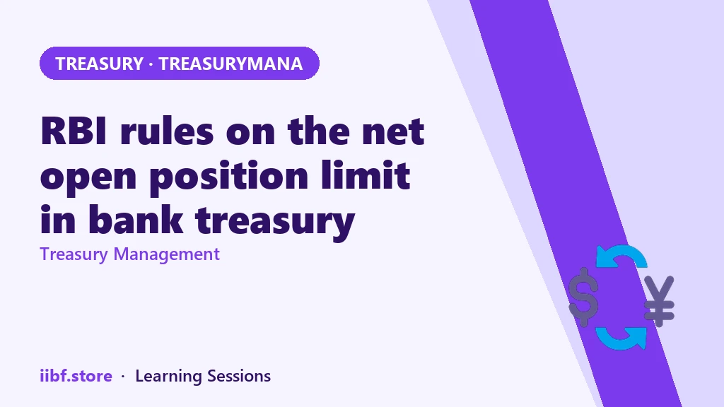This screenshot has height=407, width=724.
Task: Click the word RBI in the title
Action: coord(74,131)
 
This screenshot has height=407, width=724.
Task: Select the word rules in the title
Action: coord(167,131)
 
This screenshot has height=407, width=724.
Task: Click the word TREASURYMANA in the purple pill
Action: coord(231,64)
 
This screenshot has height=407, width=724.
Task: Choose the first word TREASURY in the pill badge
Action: coord(99,64)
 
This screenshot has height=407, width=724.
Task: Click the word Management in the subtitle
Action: coord(167,254)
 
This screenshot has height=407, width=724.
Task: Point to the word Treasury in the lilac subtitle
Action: coord(74,254)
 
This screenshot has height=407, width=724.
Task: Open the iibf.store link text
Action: coord(76,376)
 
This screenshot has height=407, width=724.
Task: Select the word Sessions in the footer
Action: coord(239,376)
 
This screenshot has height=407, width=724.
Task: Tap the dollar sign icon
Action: coord(583,297)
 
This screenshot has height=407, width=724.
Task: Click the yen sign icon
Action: coord(660,301)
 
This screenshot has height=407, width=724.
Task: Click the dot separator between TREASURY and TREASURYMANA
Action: coord(151,64)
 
